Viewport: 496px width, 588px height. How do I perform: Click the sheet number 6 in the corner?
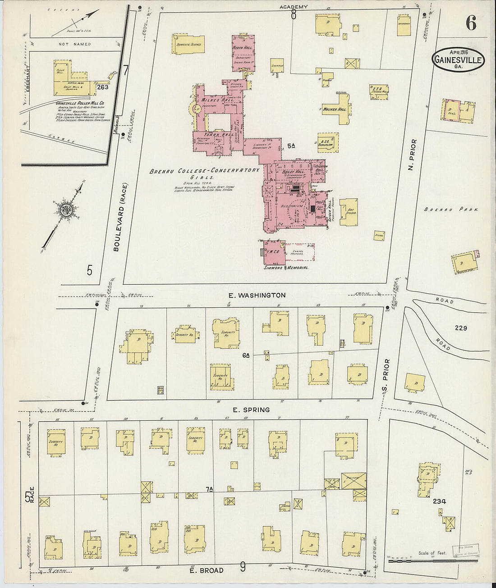471,23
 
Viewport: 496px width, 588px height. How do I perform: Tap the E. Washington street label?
257,295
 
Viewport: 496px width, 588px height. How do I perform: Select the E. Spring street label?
251,410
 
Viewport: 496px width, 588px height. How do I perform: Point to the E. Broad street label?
206,570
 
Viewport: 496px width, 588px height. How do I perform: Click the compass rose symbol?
67,210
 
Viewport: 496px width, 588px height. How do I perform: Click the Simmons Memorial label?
286,268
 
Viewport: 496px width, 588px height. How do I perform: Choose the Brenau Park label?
451,210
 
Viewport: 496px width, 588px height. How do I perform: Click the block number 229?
461,328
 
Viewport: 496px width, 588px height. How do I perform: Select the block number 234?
439,501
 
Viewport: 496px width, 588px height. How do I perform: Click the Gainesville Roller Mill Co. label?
80,103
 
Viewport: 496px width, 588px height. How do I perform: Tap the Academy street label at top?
294,7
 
